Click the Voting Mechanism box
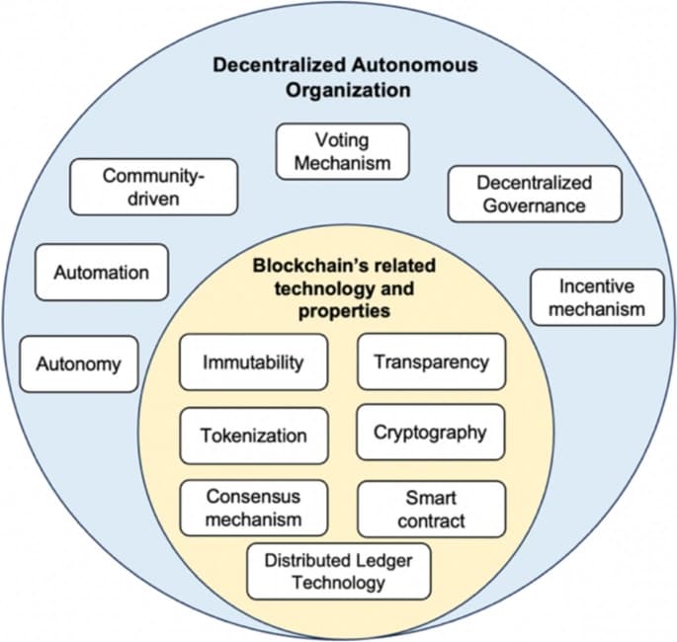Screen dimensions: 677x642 click(342, 151)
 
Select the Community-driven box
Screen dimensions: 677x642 click(154, 187)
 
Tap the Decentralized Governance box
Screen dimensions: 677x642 click(535, 194)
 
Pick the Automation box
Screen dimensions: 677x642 click(102, 273)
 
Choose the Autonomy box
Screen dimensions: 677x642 click(79, 364)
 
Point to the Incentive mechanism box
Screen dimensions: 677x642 click(597, 297)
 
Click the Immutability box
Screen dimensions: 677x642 click(253, 361)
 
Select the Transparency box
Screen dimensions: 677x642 click(431, 361)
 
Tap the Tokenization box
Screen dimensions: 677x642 click(254, 436)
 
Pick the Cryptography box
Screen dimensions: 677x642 click(431, 433)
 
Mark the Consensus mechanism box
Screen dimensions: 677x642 click(254, 508)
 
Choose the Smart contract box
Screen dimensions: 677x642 click(431, 509)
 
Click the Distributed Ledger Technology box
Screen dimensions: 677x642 click(338, 571)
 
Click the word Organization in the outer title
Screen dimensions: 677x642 click(348, 91)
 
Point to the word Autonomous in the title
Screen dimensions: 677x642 click(414, 65)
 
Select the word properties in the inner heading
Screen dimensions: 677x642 click(345, 311)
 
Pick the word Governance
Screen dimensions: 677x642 click(535, 205)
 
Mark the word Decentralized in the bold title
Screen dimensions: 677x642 click(280, 65)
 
